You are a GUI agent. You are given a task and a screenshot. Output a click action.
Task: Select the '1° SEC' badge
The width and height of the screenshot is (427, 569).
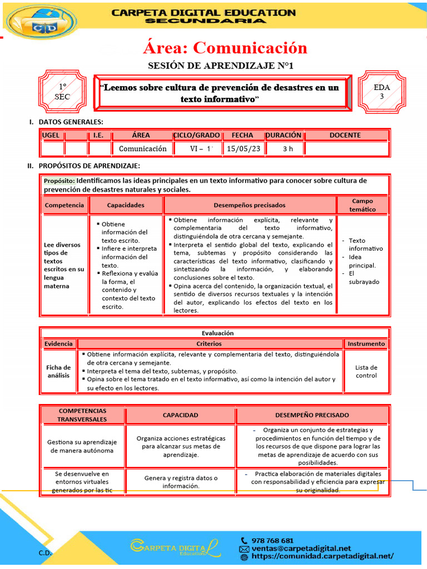62,92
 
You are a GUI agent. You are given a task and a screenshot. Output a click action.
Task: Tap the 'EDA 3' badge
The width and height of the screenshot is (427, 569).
381,92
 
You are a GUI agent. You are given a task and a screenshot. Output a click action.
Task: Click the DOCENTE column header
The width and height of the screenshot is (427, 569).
345,135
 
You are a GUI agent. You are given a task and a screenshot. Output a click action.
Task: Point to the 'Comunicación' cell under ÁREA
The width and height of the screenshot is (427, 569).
142,148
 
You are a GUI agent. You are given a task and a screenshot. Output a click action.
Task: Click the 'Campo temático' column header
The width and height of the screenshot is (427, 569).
362,205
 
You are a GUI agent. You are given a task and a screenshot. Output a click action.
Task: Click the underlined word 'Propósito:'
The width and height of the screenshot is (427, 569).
59,181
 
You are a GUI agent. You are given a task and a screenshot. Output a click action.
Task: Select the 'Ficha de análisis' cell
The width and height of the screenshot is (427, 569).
58,371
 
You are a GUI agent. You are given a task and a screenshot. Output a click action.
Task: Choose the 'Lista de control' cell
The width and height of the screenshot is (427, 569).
366,371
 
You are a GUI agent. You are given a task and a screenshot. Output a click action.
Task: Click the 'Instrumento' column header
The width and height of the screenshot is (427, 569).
366,344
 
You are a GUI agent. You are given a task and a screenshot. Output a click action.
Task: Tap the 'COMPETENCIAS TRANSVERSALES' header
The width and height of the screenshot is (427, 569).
82,415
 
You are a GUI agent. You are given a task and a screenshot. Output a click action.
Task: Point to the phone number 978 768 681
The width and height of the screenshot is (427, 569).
273,540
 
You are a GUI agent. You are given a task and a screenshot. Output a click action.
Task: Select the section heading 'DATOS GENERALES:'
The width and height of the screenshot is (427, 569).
71,122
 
